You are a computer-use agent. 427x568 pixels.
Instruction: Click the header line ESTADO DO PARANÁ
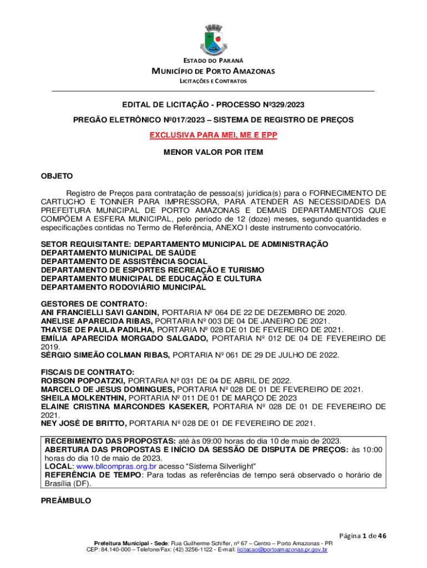coord(213,60)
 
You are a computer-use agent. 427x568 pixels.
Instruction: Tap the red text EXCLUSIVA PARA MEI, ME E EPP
coord(213,135)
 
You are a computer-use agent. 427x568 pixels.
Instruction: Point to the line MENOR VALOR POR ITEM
coord(213,152)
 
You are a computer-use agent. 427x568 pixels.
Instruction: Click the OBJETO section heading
coord(57,176)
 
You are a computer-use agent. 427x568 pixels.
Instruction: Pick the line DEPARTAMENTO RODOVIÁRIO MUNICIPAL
coord(123,287)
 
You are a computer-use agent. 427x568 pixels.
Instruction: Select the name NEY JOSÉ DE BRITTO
coord(84,424)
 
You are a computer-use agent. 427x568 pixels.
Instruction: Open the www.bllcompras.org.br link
coord(115,467)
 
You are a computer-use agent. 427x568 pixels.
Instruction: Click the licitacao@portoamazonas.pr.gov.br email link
coord(282,550)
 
